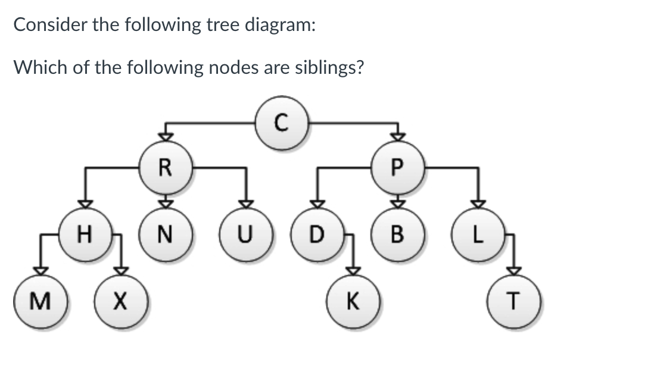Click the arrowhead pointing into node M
tap(40, 271)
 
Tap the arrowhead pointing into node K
tap(353, 271)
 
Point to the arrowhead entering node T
tap(514, 271)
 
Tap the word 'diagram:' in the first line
tap(280, 25)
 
